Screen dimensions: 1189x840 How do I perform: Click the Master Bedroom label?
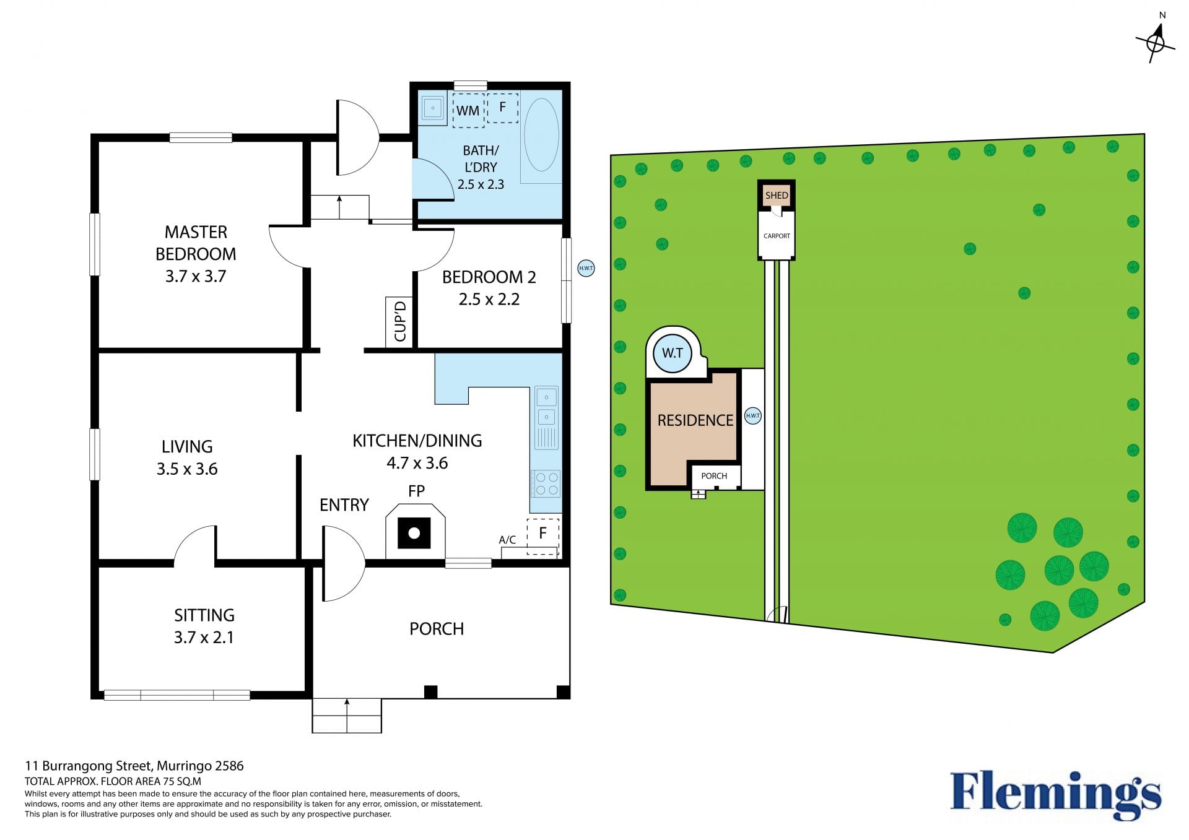point(196,243)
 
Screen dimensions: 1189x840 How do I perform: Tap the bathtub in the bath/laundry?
point(541,135)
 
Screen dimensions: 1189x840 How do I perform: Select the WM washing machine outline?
point(468,110)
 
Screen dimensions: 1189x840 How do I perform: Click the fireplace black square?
point(414,533)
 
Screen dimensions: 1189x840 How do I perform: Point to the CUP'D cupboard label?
point(400,321)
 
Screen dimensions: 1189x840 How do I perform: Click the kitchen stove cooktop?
point(546,483)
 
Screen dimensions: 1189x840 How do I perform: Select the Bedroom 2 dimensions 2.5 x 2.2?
point(489,300)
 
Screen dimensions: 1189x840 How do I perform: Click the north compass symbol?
point(1156,42)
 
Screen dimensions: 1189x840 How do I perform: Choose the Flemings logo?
point(1056,796)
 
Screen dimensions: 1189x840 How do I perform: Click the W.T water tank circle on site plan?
point(673,353)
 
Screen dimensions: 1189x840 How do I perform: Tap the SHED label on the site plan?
point(777,196)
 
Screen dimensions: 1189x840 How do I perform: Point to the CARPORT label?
point(777,236)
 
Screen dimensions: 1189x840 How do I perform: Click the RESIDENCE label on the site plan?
point(695,420)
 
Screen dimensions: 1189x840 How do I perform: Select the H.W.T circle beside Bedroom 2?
point(586,268)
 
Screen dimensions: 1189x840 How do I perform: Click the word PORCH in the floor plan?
point(437,629)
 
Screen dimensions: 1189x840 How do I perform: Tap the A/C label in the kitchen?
point(507,540)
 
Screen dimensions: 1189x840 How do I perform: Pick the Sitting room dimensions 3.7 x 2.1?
point(204,638)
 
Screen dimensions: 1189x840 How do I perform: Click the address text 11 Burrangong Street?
point(88,766)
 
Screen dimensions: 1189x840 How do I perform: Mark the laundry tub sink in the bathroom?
point(433,108)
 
